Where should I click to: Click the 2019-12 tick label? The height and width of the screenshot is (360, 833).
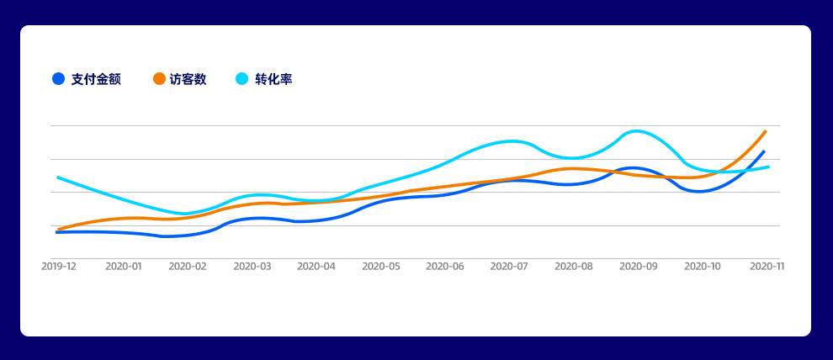59,266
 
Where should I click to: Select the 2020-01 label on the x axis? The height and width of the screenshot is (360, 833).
123,266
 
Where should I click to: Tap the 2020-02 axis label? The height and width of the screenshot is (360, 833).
188,266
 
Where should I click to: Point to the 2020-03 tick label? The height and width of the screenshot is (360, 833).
252,266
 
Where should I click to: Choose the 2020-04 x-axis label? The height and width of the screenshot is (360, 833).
316,266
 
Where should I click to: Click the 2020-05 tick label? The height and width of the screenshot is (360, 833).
380,266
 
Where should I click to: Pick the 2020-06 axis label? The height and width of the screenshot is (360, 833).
445,266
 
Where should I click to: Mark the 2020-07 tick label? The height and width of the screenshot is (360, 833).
509,266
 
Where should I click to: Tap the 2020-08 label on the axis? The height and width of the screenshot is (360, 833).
574,266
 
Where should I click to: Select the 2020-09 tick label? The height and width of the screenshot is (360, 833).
638,266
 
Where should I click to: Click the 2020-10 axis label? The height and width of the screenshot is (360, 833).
703,266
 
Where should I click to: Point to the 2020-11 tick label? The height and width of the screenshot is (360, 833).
767,266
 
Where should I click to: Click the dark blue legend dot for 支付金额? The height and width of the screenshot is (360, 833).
58,79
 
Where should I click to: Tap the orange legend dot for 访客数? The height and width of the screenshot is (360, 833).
159,79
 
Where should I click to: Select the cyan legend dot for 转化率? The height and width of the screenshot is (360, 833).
242,79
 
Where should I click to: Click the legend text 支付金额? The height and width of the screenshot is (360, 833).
96,79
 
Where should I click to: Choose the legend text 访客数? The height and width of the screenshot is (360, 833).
188,79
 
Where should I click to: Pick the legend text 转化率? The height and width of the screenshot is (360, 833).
273,79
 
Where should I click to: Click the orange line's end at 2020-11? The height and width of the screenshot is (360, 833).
766,131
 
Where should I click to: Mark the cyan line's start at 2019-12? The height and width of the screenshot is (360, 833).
57,177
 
